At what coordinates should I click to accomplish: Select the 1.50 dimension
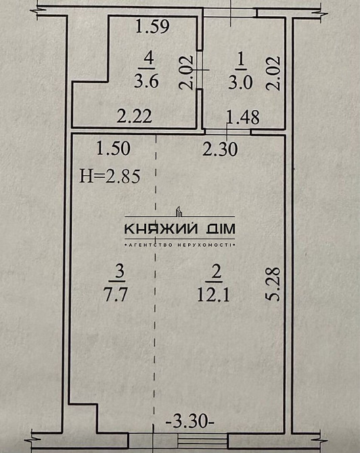pos(112,147)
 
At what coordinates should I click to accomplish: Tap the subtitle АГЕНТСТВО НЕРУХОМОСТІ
pos(179,243)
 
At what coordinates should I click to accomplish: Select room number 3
pos(118,272)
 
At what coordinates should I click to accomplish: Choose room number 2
pos(217,272)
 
